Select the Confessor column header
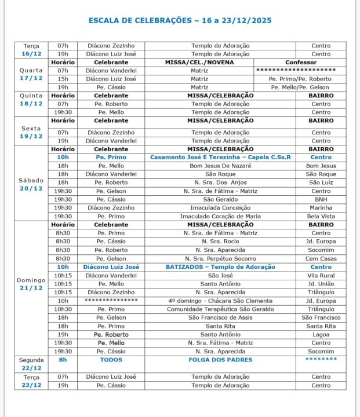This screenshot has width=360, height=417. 301,62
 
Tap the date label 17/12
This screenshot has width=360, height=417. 32,78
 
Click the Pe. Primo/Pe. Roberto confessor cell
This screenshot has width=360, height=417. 301,79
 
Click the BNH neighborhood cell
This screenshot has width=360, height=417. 321,199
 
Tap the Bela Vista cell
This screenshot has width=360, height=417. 321,216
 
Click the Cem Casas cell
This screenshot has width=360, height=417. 321,258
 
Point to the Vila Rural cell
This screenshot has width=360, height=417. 321,276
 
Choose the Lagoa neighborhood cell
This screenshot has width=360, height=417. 321,334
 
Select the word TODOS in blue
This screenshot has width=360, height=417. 111,360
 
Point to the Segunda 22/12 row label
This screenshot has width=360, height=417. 32,364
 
